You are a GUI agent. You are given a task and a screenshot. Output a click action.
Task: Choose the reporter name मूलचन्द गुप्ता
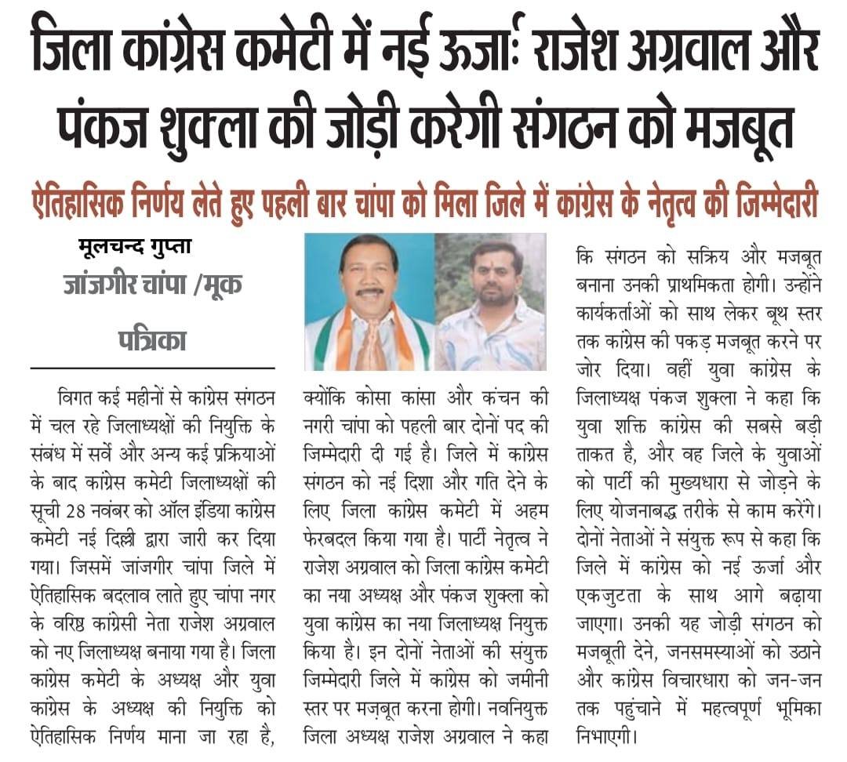coord(135,248)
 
